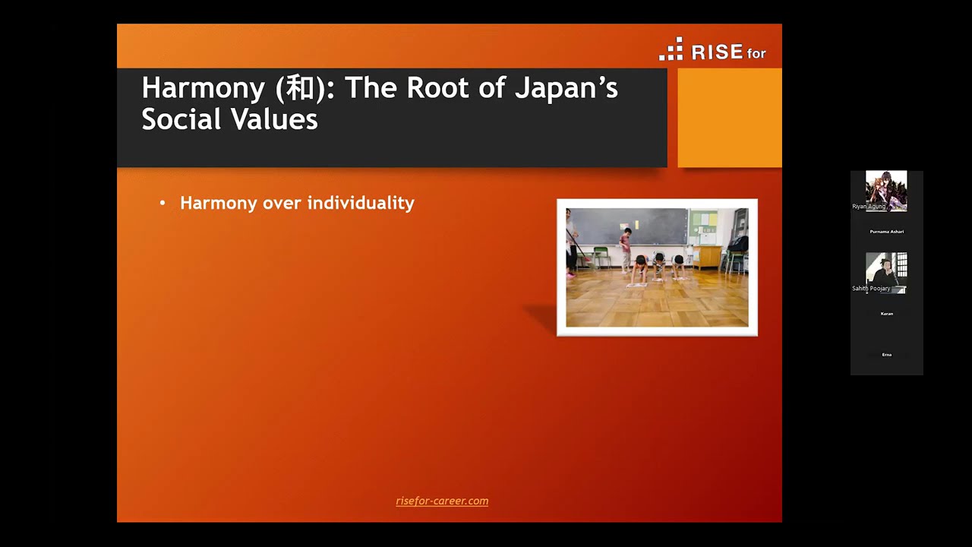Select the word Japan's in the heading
pyautogui.click(x=566, y=88)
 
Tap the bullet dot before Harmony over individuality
pyautogui.click(x=163, y=203)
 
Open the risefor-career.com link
pyautogui.click(x=442, y=501)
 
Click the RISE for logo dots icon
pyautogui.click(x=671, y=49)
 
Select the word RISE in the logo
pyautogui.click(x=717, y=52)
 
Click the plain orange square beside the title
pyautogui.click(x=729, y=118)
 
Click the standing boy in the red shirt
pyautogui.click(x=626, y=248)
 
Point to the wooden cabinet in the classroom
pyautogui.click(x=707, y=256)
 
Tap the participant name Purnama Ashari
pyautogui.click(x=886, y=232)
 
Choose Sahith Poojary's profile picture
pyautogui.click(x=886, y=271)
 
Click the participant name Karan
pyautogui.click(x=886, y=314)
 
